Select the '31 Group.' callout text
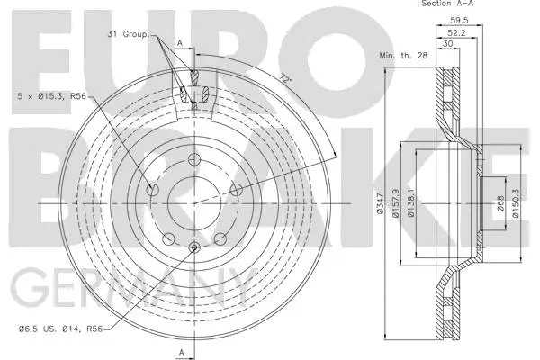(x=129, y=35)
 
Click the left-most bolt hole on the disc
(x=151, y=191)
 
